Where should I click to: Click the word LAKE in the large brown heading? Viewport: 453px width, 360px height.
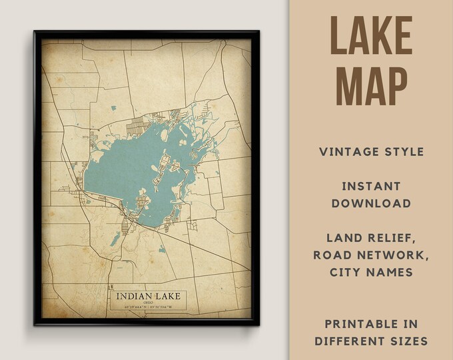click(372, 37)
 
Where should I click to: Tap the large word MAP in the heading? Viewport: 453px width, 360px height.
click(372, 85)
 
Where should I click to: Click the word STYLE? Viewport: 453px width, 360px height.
click(404, 152)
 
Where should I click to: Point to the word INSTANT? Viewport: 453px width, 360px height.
click(372, 186)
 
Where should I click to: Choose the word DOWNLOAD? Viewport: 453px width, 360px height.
click(372, 203)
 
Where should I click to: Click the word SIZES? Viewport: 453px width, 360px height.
click(408, 341)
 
